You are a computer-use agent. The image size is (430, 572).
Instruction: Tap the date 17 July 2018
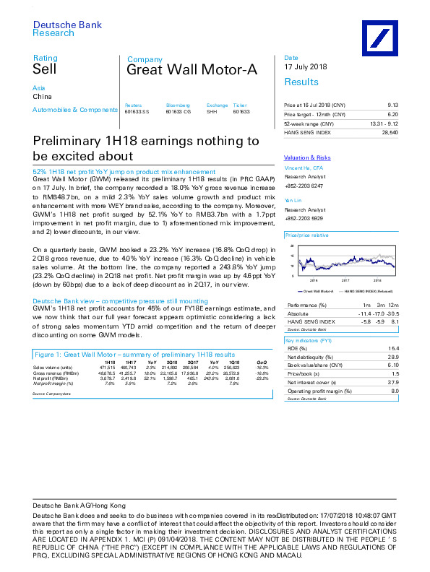pyautogui.click(x=305, y=67)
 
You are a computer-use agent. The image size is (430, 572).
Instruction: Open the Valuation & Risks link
pyautogui.click(x=307, y=157)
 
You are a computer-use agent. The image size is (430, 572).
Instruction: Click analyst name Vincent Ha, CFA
pyautogui.click(x=303, y=168)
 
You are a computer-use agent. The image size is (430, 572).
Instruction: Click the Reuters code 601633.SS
pyautogui.click(x=136, y=112)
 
